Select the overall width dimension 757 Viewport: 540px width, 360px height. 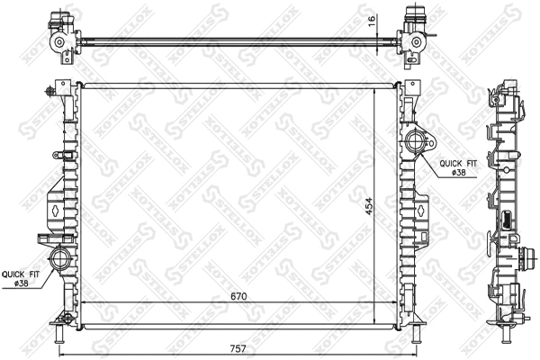[x=238, y=346]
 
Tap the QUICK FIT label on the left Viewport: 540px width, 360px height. [x=20, y=274]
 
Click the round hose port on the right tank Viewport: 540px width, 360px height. [x=416, y=141]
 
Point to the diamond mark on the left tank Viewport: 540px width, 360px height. [x=56, y=207]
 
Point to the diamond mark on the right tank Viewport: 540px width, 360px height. [x=421, y=207]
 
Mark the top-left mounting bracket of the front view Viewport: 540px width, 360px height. [x=60, y=89]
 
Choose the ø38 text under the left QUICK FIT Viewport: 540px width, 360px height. [x=20, y=285]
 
